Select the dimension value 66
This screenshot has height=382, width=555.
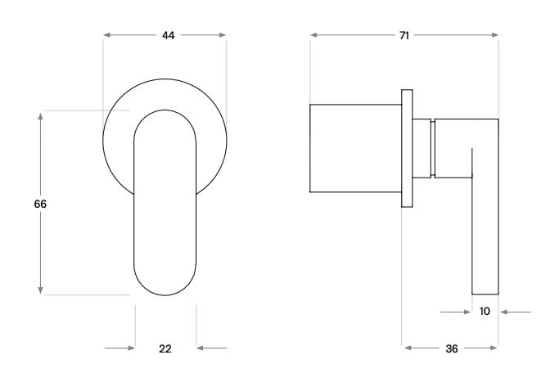point(40,204)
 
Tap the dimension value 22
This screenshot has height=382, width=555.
point(165,348)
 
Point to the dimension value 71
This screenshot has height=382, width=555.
point(404,35)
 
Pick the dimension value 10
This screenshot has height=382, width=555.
point(485,312)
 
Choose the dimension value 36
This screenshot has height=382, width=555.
point(452,348)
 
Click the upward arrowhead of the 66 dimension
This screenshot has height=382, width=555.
point(40,115)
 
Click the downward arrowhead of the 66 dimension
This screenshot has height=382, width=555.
point(40,290)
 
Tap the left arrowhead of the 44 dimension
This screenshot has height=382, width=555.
point(107,35)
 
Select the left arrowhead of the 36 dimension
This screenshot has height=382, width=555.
point(407,348)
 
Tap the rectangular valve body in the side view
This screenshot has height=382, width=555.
point(355,148)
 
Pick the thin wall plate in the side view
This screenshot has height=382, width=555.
point(406,148)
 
